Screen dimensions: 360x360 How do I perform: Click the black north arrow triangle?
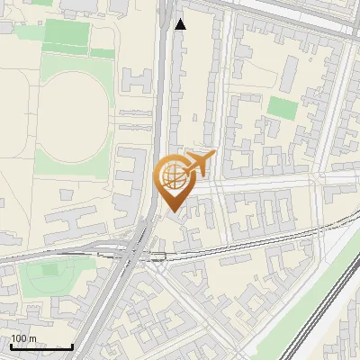point(181,24)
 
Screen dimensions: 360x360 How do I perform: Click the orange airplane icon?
point(201,163)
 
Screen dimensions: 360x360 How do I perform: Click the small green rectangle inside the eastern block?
point(283,109)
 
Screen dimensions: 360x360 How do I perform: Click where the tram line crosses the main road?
point(139,255)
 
